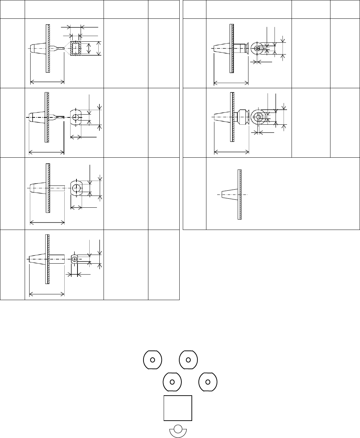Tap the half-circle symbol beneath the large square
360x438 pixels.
point(178,430)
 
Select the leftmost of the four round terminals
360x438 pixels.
point(153,360)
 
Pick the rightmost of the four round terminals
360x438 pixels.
point(208,382)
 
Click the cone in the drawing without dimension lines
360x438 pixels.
point(229,195)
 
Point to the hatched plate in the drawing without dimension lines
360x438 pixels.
point(240,195)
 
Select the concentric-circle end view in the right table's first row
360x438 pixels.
point(257,48)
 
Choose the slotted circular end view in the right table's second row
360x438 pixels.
point(259,117)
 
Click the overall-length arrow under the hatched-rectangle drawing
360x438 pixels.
point(47,82)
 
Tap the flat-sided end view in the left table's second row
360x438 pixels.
point(76,117)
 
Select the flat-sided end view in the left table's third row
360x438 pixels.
point(76,188)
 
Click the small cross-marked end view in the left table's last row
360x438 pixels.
point(75,259)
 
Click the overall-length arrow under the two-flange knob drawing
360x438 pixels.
point(231,151)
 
